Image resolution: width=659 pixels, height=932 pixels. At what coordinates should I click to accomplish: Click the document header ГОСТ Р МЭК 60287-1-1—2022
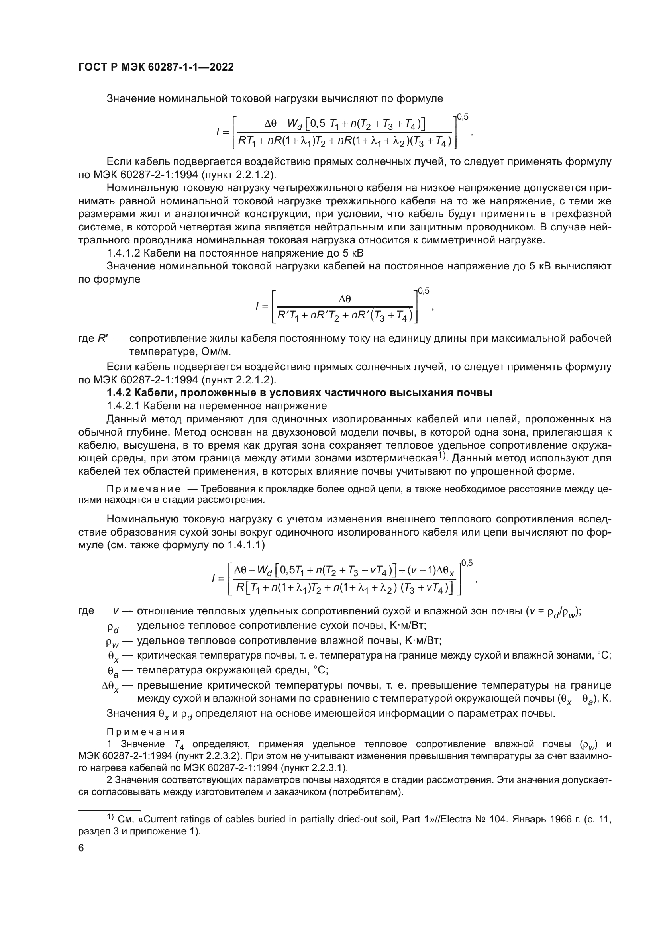pos(156,67)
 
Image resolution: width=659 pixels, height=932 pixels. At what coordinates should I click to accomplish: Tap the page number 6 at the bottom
pos(81,848)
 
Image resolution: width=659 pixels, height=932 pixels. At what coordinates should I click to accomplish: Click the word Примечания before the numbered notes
pos(146,732)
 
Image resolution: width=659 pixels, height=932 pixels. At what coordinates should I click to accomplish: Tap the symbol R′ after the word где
pos(103,339)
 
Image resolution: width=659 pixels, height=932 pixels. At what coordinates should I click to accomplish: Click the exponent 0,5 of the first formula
pos(463,117)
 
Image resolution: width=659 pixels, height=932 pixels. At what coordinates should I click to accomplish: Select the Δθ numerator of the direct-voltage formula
pos(345,299)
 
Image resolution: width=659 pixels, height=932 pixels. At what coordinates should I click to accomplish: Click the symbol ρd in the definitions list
pos(112,628)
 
